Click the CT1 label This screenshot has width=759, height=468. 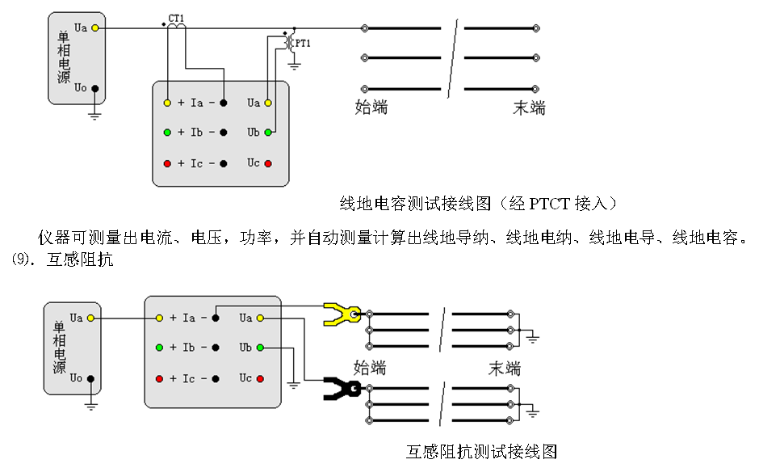coord(175,18)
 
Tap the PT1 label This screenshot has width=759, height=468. coord(302,43)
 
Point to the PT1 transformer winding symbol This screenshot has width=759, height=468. coord(287,44)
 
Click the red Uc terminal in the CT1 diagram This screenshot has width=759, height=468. coord(268,163)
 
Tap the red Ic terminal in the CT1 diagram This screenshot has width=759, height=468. coord(167,163)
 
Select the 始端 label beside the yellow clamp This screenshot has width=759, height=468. coord(370,369)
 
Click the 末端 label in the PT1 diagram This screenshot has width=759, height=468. coord(529,108)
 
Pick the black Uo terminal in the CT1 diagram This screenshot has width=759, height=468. coord(94,88)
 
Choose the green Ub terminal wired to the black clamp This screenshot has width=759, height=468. coord(260,348)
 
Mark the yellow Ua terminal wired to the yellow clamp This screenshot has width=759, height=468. coord(260,318)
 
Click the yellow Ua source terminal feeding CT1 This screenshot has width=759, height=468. coord(94,28)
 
